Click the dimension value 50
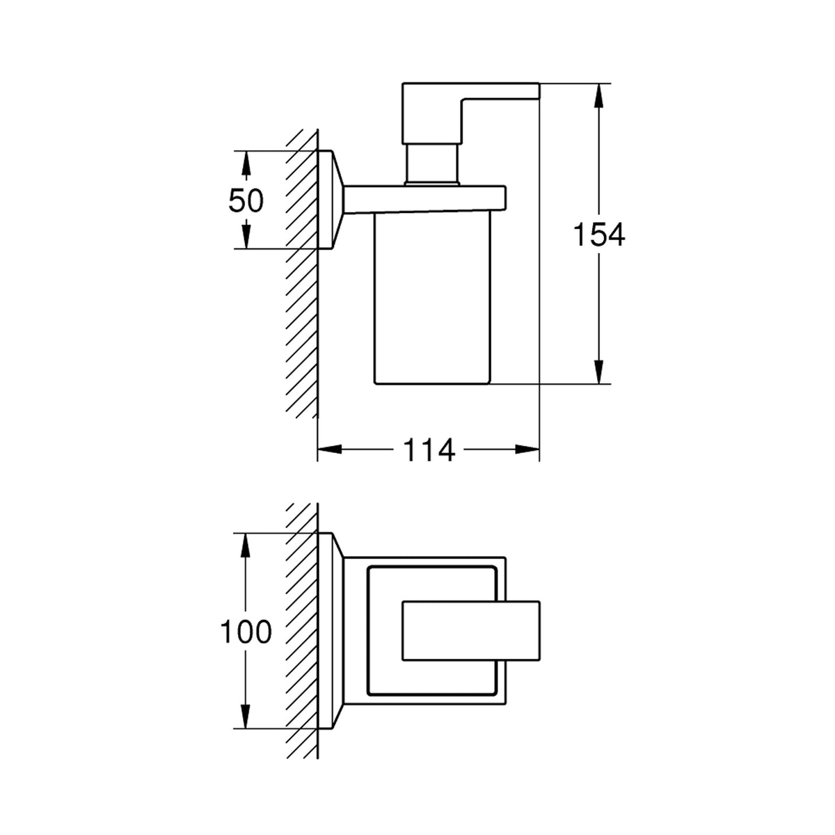[x=246, y=201]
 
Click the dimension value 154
[x=599, y=234]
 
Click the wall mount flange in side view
[x=331, y=200]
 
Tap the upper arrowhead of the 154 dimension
[x=598, y=94]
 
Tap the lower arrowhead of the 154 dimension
[x=598, y=372]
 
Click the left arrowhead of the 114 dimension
[x=329, y=450]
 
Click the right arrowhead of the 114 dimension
[x=527, y=450]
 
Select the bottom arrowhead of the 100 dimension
[x=246, y=717]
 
